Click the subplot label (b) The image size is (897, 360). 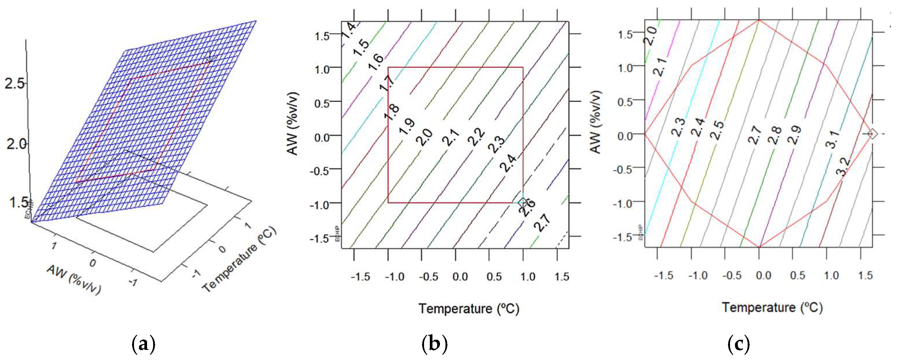click(x=434, y=344)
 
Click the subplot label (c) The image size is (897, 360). click(x=738, y=344)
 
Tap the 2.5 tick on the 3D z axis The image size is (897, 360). click(x=15, y=84)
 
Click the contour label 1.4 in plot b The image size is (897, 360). click(x=348, y=31)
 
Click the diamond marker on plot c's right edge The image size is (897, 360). click(x=872, y=134)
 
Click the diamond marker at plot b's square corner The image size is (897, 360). click(x=522, y=202)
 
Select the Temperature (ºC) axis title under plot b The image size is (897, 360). click(x=468, y=308)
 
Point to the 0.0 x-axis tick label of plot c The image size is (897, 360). click(x=763, y=276)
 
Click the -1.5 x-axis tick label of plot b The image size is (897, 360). click(x=360, y=277)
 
